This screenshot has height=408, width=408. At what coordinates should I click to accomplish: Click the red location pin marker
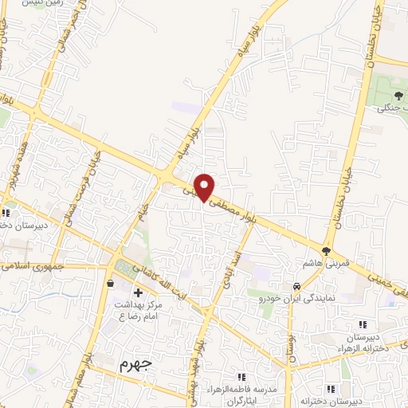coord(205,187)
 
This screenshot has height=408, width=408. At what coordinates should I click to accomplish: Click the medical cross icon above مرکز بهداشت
coord(138,293)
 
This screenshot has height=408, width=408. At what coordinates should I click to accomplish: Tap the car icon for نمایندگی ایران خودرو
coord(295,285)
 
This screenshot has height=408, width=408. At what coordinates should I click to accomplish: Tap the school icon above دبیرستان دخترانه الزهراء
coord(363,324)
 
